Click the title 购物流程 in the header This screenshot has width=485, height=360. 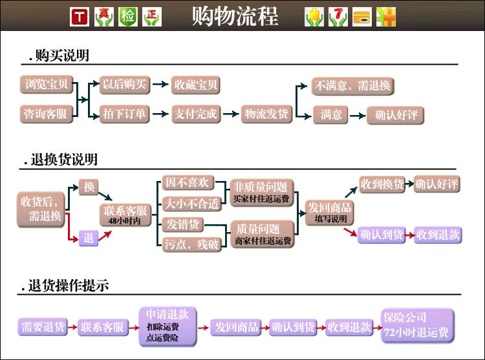(235, 16)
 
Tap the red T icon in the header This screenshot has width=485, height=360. (79, 17)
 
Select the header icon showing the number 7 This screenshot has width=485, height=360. (338, 17)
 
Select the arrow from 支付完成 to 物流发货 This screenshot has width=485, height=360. (230, 114)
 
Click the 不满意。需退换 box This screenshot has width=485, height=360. (352, 85)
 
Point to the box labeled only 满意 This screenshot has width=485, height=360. (331, 115)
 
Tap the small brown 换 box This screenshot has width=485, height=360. (89, 187)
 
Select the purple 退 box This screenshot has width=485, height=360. (89, 238)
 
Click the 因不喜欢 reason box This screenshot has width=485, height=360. (187, 184)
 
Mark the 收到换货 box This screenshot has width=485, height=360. (382, 184)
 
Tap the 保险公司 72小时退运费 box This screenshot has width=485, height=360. (416, 325)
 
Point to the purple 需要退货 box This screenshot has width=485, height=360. (43, 327)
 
